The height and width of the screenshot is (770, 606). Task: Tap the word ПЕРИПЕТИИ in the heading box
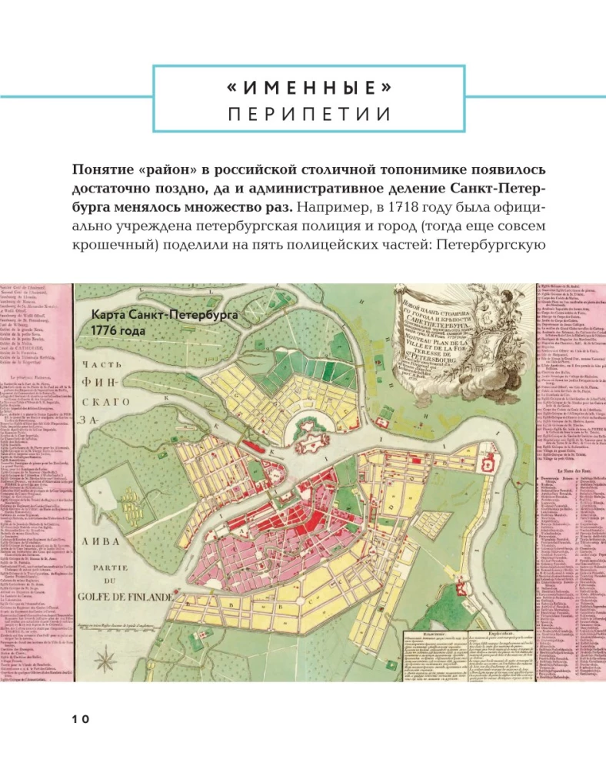coord(308,115)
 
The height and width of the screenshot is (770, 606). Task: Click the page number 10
coord(82,719)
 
